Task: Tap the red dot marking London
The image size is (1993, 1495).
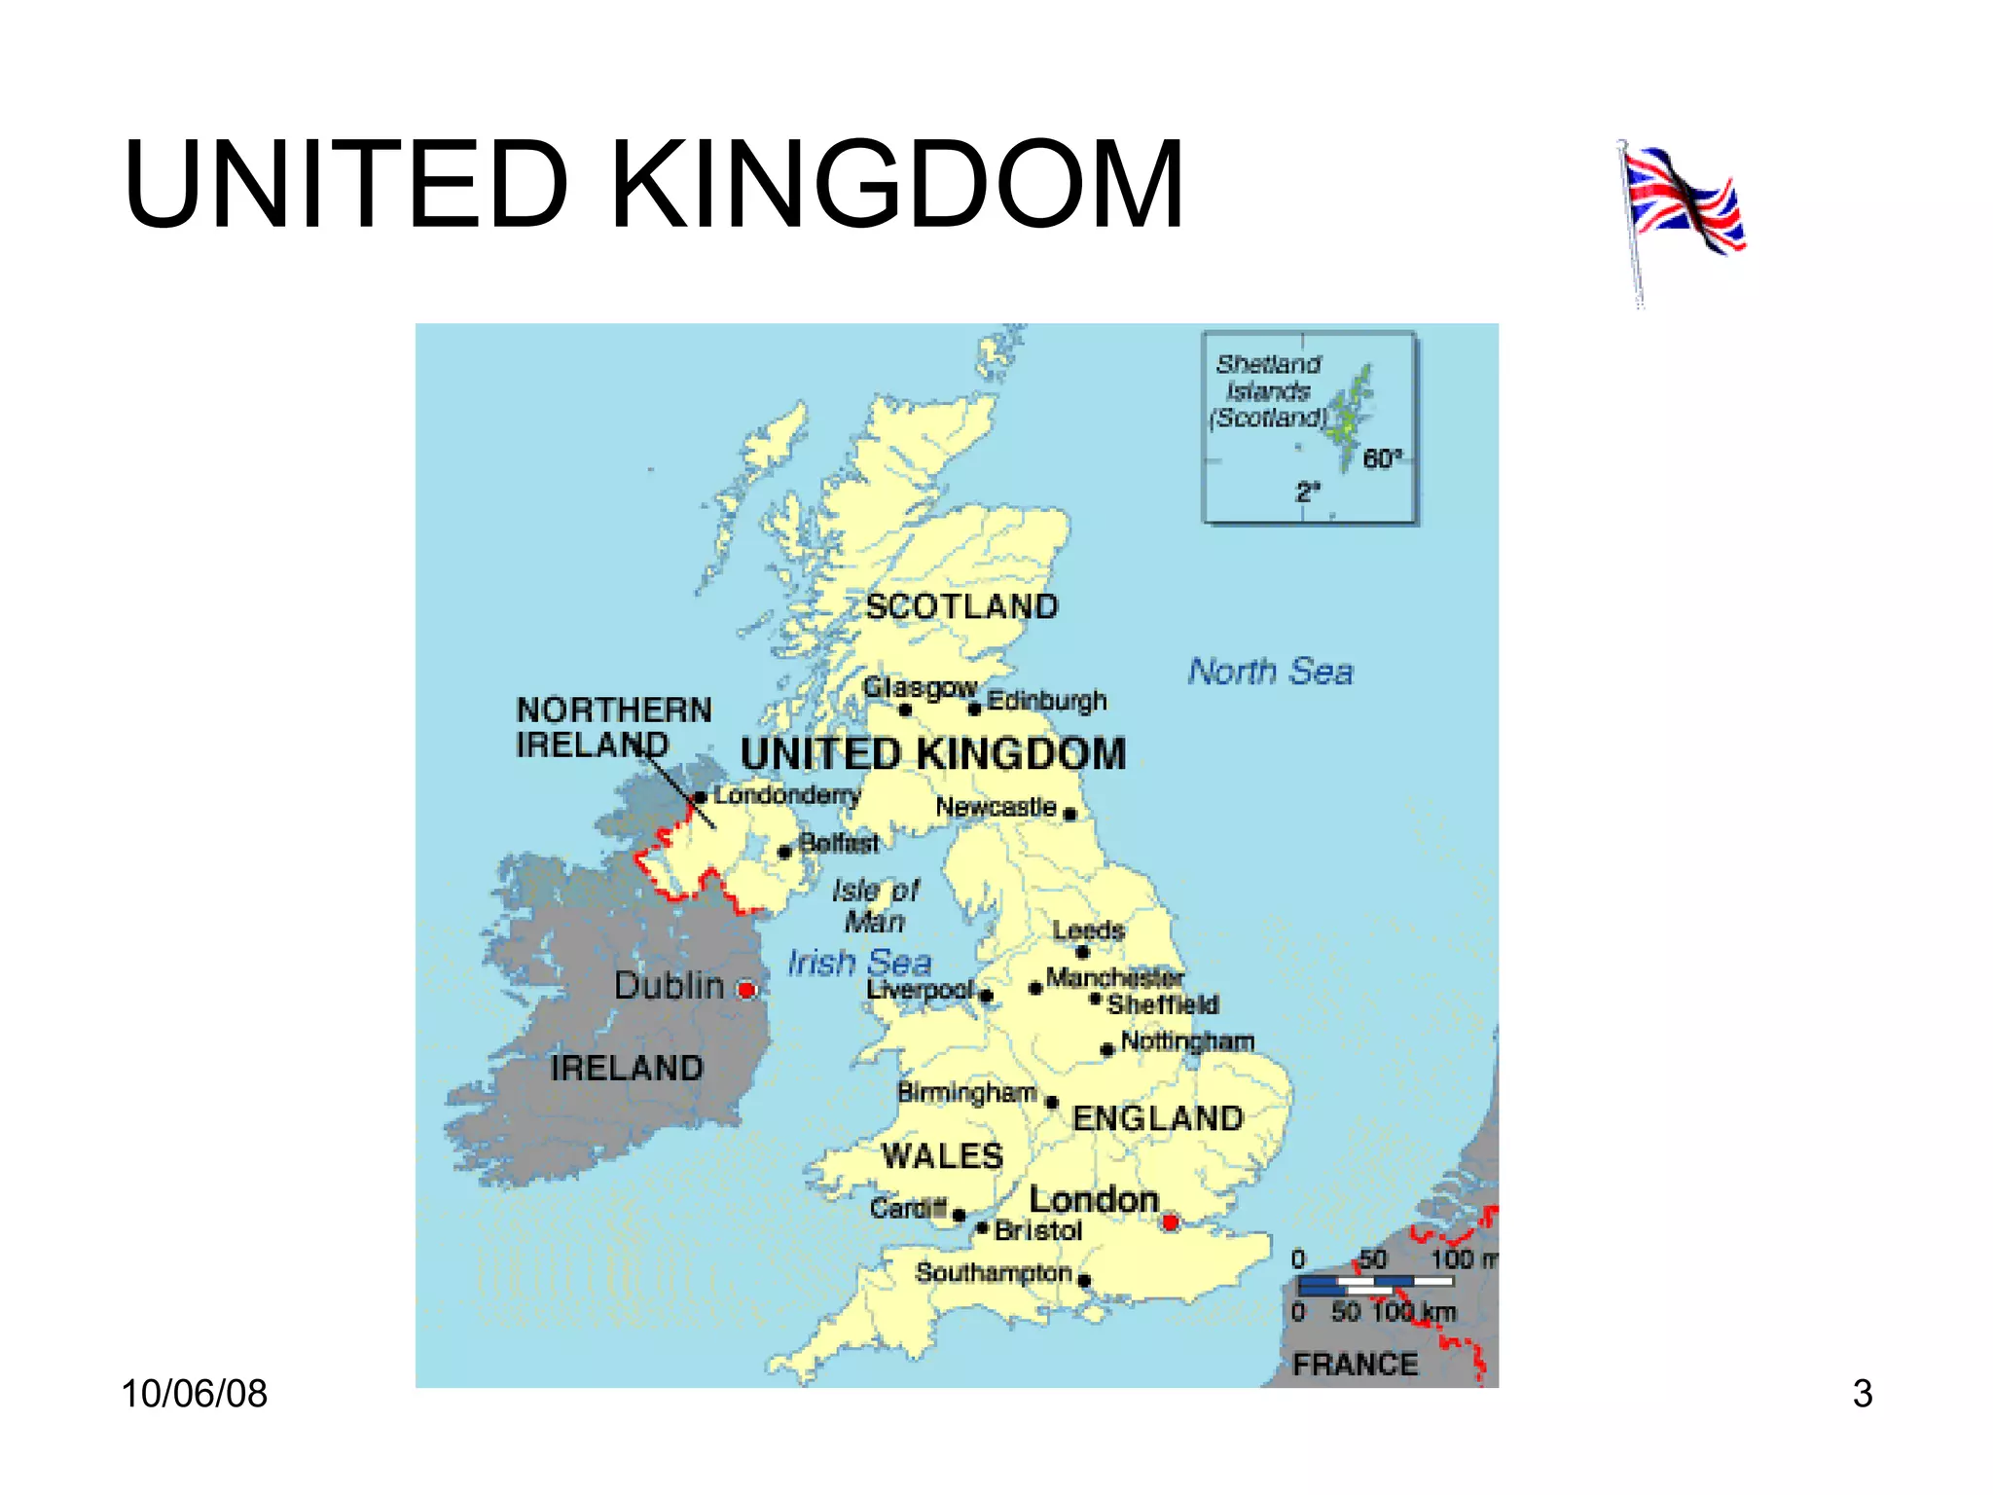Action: click(1171, 1222)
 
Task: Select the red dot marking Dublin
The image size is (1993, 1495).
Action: click(746, 990)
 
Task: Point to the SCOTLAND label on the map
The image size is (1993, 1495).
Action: click(961, 606)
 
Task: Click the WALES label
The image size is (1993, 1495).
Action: click(942, 1156)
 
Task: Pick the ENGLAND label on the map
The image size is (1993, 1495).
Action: click(1157, 1118)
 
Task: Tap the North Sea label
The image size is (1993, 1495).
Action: click(1270, 672)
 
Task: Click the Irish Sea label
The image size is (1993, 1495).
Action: click(859, 963)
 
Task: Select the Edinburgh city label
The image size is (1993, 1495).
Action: click(1047, 701)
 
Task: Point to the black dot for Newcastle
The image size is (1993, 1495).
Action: click(1070, 814)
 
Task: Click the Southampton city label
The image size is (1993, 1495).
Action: click(994, 1272)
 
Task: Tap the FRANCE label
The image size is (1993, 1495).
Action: click(1355, 1365)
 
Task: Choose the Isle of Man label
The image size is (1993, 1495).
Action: click(875, 906)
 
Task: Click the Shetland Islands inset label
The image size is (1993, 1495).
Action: click(1268, 390)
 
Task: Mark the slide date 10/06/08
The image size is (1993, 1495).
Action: click(194, 1394)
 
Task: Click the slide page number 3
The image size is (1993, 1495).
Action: click(1862, 1394)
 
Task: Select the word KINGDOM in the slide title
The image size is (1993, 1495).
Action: click(896, 185)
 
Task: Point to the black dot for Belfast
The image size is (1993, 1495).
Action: click(785, 853)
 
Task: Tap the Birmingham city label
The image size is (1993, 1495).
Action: click(966, 1092)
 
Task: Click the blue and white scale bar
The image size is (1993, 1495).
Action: click(1375, 1285)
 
